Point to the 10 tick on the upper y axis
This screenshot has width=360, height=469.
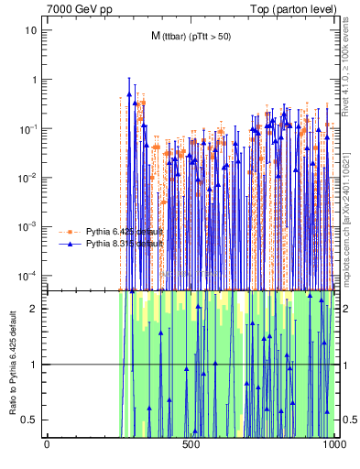tap(32, 30)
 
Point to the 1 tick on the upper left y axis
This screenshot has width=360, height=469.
tap(35, 80)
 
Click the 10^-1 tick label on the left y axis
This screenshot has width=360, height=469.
tap(29, 129)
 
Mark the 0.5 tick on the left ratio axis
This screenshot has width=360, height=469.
tap(32, 420)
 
